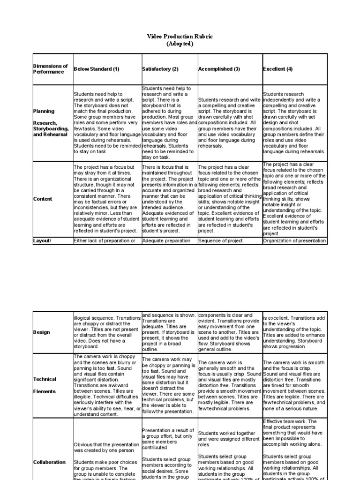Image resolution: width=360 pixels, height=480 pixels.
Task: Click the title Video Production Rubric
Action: (180, 37)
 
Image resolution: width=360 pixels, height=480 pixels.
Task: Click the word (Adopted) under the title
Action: (180, 44)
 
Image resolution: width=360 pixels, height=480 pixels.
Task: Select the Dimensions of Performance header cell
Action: (50, 69)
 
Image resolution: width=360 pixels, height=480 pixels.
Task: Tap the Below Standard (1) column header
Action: (97, 69)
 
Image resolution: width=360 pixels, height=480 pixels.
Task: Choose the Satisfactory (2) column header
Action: (160, 69)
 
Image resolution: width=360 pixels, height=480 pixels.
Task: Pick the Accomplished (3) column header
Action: (219, 69)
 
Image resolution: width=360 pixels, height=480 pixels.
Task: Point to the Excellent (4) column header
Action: (278, 69)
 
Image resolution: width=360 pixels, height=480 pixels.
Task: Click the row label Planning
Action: (44, 111)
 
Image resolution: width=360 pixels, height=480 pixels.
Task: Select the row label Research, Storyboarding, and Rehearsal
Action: (51, 128)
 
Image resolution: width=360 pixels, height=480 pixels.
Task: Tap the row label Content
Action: (43, 199)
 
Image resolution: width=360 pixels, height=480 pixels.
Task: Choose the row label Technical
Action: (45, 379)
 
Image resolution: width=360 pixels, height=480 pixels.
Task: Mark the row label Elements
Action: (44, 391)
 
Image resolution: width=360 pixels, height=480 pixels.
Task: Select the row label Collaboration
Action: (49, 462)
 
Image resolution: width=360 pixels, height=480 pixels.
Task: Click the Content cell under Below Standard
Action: (107, 199)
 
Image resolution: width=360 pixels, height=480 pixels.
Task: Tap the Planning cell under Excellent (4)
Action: (294, 123)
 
